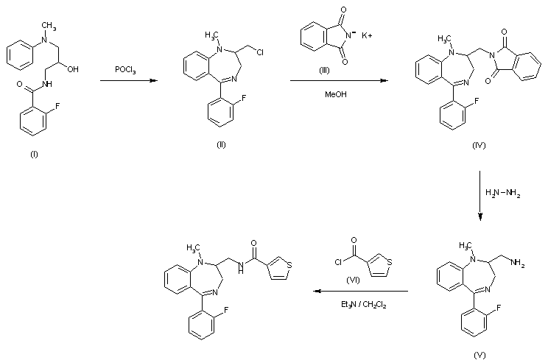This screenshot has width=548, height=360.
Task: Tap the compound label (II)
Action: pyautogui.click(x=220, y=144)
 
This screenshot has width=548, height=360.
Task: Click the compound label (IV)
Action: pyautogui.click(x=479, y=145)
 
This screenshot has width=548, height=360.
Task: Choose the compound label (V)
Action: pyautogui.click(x=479, y=353)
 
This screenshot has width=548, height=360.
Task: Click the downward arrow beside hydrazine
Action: pyautogui.click(x=480, y=196)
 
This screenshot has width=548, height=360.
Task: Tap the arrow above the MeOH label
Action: pyautogui.click(x=340, y=82)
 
